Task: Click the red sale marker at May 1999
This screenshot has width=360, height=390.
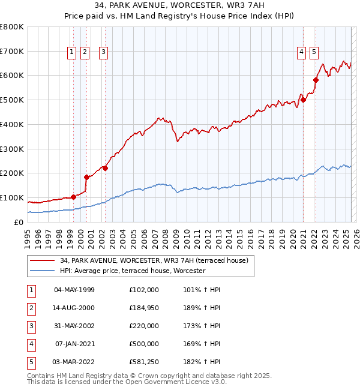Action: (x=73, y=197)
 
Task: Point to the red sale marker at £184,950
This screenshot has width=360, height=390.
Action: (x=86, y=177)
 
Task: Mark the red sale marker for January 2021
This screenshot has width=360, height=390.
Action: (x=304, y=100)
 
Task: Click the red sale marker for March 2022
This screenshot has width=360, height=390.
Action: (x=316, y=80)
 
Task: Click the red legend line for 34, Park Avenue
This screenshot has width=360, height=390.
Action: (x=42, y=260)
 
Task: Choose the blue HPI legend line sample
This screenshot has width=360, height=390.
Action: (x=42, y=271)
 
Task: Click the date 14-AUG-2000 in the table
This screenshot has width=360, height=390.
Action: (x=74, y=308)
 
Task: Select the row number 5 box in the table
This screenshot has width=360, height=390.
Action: (x=31, y=362)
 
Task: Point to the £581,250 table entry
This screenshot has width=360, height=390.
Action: (x=143, y=362)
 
